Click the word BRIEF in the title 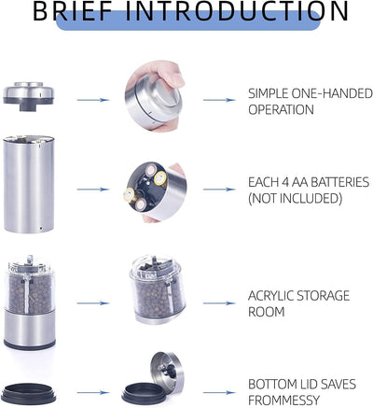pos(73,11)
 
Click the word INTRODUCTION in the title pos(237,11)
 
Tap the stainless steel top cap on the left pos(29,96)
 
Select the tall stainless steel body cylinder pos(29,184)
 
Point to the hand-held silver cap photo pos(155,96)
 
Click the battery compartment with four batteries pos(155,191)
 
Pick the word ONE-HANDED pos(332,93)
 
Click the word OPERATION pos(281,110)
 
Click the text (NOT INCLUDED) pos(296,199)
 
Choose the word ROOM pos(267,312)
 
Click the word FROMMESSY pos(283,401)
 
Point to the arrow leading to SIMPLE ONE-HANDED pos(219,100)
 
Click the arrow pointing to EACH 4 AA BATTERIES pos(219,190)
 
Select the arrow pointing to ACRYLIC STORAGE pos(219,303)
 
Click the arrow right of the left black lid pos(93,393)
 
